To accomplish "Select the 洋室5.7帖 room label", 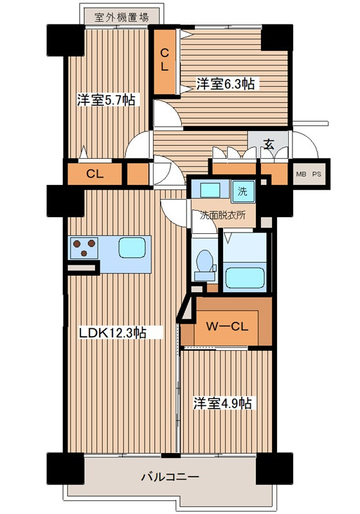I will tap(106, 100).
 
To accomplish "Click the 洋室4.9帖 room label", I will tap(224, 403).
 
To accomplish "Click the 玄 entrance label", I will tap(269, 145).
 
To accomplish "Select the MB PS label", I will tap(309, 174).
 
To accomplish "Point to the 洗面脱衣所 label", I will tap(222, 215).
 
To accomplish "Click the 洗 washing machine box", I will tap(242, 191).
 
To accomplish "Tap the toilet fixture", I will tap(205, 263).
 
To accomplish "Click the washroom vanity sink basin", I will tap(210, 190).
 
